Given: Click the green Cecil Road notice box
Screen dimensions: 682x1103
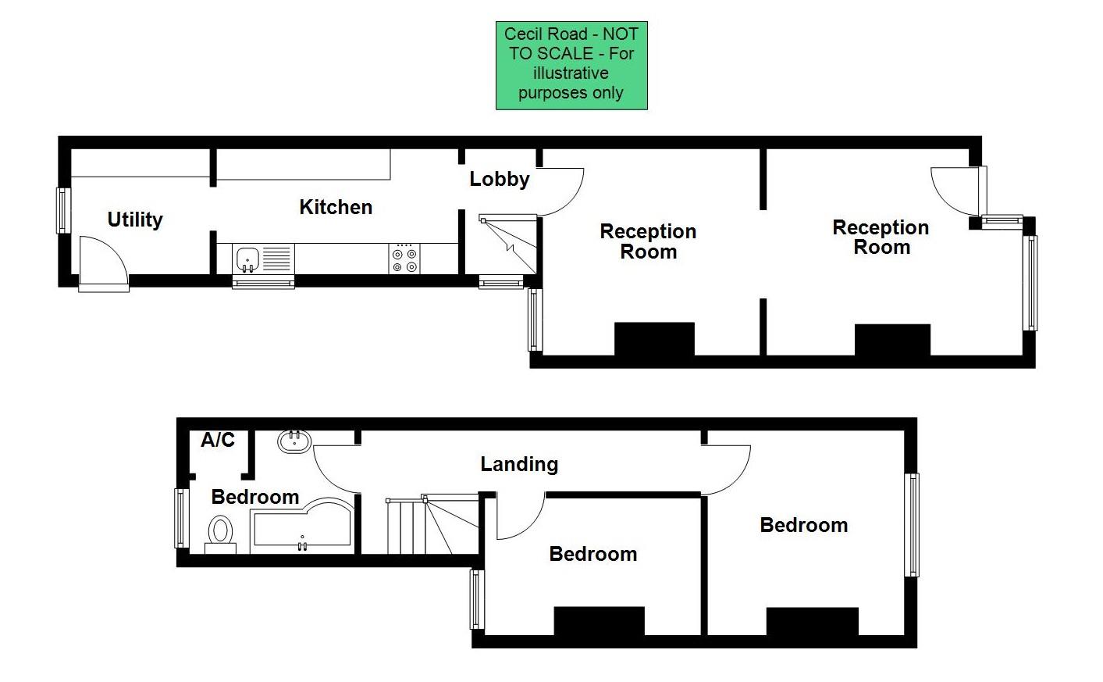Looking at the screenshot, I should tap(571, 65).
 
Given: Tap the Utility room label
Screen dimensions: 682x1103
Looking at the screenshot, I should tap(135, 220).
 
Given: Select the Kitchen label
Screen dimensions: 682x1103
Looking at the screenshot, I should tap(336, 207).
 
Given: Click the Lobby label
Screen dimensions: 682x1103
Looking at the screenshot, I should tap(500, 179).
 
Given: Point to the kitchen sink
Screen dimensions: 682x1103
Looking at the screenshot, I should tap(247, 258).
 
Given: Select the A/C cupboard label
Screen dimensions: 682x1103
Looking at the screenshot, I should tap(218, 440).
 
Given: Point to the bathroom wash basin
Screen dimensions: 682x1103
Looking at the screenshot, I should tap(295, 441).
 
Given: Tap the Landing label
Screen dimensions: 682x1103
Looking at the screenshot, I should tap(519, 464).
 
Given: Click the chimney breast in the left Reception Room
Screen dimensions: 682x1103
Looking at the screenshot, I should tap(654, 339).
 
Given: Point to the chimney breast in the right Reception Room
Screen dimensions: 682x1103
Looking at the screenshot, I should tap(892, 340).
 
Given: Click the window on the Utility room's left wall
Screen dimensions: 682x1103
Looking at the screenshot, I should tap(62, 210).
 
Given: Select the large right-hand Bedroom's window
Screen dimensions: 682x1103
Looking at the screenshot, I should tap(911, 524).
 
